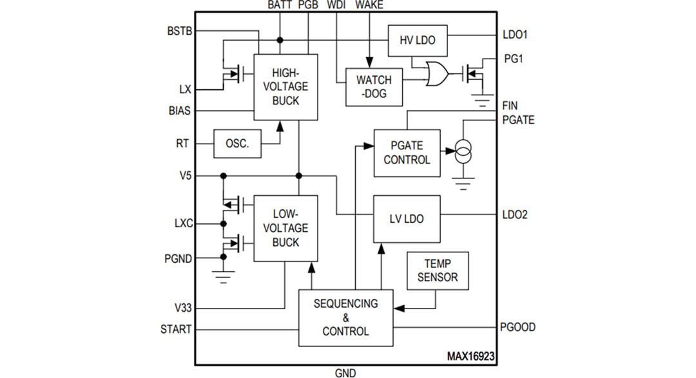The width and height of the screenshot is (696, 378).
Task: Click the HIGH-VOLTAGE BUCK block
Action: tap(285, 87)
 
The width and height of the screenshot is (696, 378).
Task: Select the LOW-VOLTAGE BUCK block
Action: tap(285, 228)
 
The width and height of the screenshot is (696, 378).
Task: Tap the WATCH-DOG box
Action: tap(374, 87)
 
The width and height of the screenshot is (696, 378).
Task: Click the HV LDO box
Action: tap(418, 40)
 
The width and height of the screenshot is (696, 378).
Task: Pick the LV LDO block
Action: tap(407, 219)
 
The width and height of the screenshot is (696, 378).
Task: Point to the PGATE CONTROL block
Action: tap(407, 153)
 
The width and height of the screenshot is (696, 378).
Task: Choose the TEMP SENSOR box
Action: tap(438, 270)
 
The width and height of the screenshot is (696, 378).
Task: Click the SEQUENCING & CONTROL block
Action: tap(345, 317)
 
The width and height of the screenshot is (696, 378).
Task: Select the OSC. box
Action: tap(237, 143)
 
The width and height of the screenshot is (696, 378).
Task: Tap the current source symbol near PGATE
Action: tap(462, 153)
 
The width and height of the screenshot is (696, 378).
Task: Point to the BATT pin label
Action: tap(280, 6)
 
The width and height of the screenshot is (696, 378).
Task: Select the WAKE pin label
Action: tap(369, 6)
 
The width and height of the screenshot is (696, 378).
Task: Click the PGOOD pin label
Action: tap(517, 327)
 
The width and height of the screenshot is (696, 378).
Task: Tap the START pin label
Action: tap(176, 329)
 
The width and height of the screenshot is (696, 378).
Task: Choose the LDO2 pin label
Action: tap(515, 214)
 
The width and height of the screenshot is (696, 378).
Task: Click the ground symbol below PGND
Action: tap(224, 278)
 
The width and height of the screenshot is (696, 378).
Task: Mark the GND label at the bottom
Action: tap(345, 372)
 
